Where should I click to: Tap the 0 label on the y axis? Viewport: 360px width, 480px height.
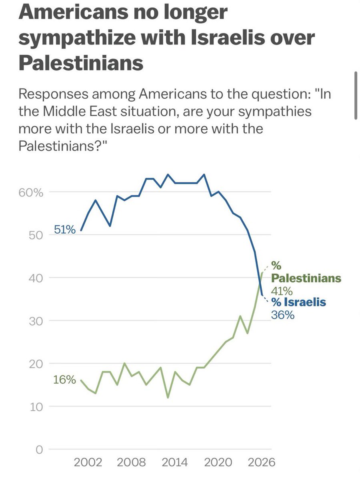coord(39,450)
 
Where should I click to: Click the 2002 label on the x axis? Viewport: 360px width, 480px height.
coord(88,463)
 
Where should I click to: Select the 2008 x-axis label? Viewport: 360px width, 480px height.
coord(132,463)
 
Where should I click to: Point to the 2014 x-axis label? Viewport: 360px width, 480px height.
coord(175,463)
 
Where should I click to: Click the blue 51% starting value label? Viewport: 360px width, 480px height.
coord(64,230)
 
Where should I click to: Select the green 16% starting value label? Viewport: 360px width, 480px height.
coord(64,380)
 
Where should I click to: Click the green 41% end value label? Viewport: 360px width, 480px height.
coord(282,290)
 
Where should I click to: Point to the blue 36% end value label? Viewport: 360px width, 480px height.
coord(282,315)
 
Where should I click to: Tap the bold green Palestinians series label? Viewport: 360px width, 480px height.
coord(306,278)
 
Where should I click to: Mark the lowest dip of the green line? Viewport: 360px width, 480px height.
coord(168,398)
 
